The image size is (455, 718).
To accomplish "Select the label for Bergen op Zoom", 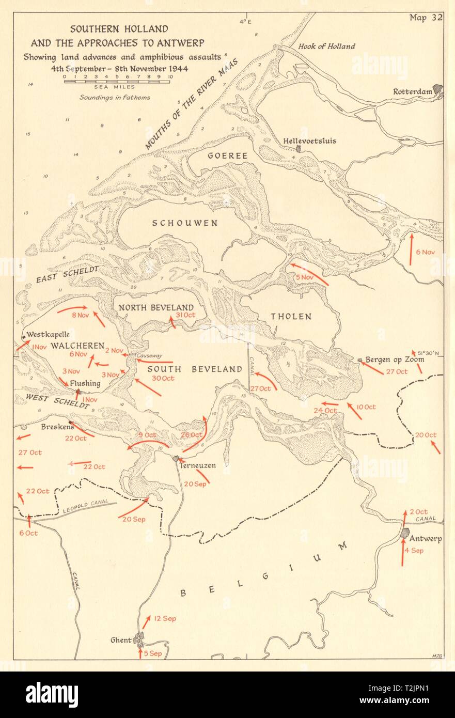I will point(395,359).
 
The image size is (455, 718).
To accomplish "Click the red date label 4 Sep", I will point(413,551).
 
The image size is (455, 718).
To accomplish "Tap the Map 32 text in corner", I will point(426,18).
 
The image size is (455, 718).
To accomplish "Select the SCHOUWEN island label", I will point(184,223).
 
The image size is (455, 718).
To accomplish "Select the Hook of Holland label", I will point(326,46).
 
